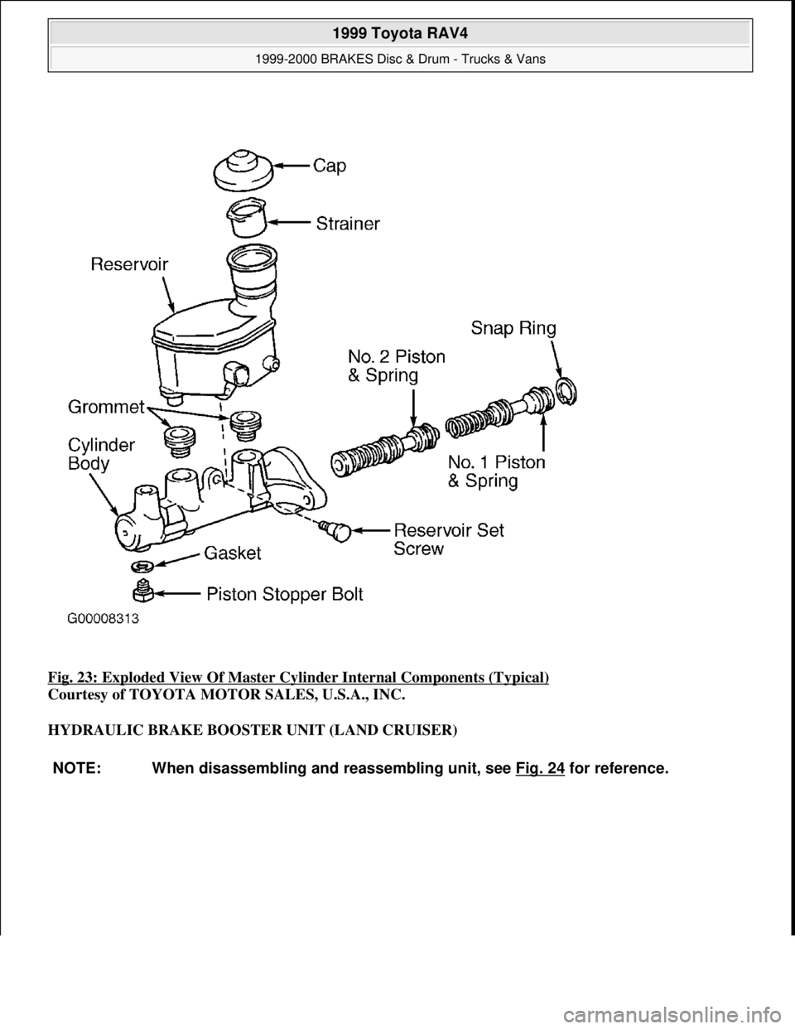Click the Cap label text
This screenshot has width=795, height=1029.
click(x=330, y=166)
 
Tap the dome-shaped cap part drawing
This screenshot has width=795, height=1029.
click(x=243, y=170)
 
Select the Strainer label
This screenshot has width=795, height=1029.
click(x=348, y=223)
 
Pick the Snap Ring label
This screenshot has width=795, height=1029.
click(x=513, y=329)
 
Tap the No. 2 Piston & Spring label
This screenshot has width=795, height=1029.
click(x=395, y=365)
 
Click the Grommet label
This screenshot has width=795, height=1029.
click(x=106, y=408)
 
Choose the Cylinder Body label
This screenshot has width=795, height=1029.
click(x=101, y=454)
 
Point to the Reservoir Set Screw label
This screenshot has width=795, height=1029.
click(x=447, y=539)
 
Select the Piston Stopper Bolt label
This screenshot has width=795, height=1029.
click(x=284, y=594)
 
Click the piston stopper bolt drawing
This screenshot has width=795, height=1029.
click(x=142, y=592)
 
